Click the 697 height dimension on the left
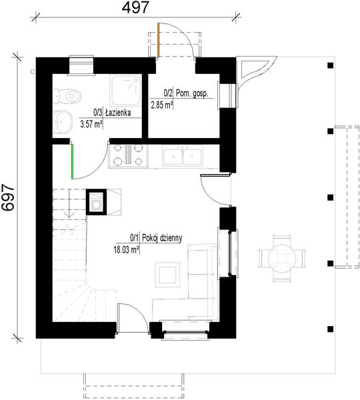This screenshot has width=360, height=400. click(9, 197)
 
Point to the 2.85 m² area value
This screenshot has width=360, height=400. click(161, 105)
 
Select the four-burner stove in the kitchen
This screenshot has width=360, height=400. click(129, 155)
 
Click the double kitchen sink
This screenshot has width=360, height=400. click(183, 155)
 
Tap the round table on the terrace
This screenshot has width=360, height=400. click(282, 257)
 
